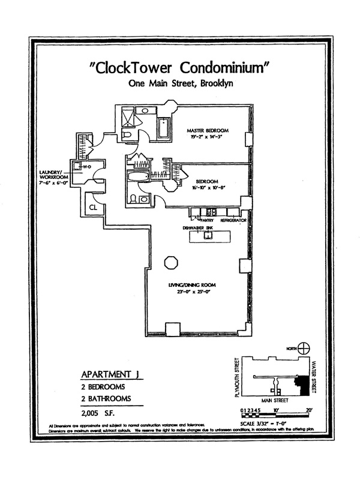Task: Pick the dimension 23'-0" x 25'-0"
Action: tap(192, 292)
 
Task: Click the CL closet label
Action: tap(94, 208)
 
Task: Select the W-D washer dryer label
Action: tap(86, 168)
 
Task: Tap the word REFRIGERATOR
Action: tap(233, 221)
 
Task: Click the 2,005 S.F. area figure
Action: tap(99, 412)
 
